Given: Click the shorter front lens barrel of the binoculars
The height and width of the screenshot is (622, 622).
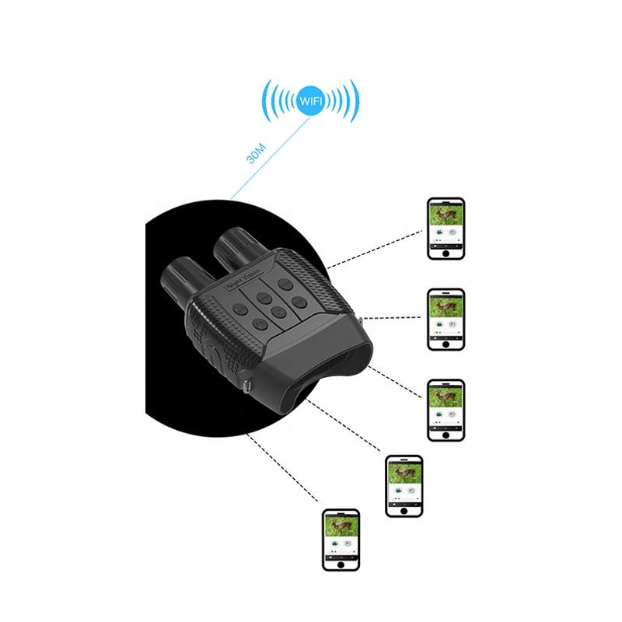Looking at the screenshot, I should [x=178, y=281].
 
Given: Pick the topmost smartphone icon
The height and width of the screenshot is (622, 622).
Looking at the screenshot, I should [x=446, y=230].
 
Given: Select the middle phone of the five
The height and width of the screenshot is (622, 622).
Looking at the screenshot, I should [x=446, y=411].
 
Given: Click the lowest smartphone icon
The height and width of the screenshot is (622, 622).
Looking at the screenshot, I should [x=341, y=542].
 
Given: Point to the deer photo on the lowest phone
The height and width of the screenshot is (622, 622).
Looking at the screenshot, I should [x=341, y=528].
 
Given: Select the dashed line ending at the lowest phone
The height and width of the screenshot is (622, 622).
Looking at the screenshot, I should [x=284, y=466].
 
